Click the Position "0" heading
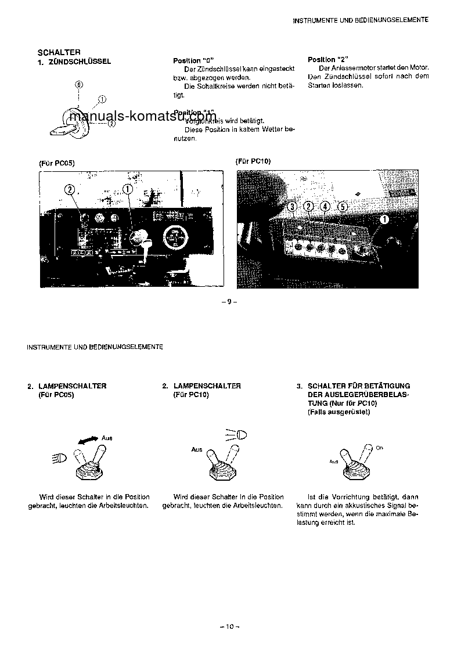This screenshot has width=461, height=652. [193, 61]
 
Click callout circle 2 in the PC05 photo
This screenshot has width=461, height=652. [70, 189]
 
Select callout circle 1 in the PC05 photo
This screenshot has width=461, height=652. [128, 189]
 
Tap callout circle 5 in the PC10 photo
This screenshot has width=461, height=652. [343, 206]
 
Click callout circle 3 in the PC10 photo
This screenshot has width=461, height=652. [293, 206]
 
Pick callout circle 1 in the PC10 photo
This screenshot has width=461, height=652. [384, 219]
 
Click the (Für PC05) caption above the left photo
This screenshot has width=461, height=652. [56, 163]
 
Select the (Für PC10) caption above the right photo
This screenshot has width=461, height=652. [253, 161]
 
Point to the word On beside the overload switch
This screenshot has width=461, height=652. [379, 448]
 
